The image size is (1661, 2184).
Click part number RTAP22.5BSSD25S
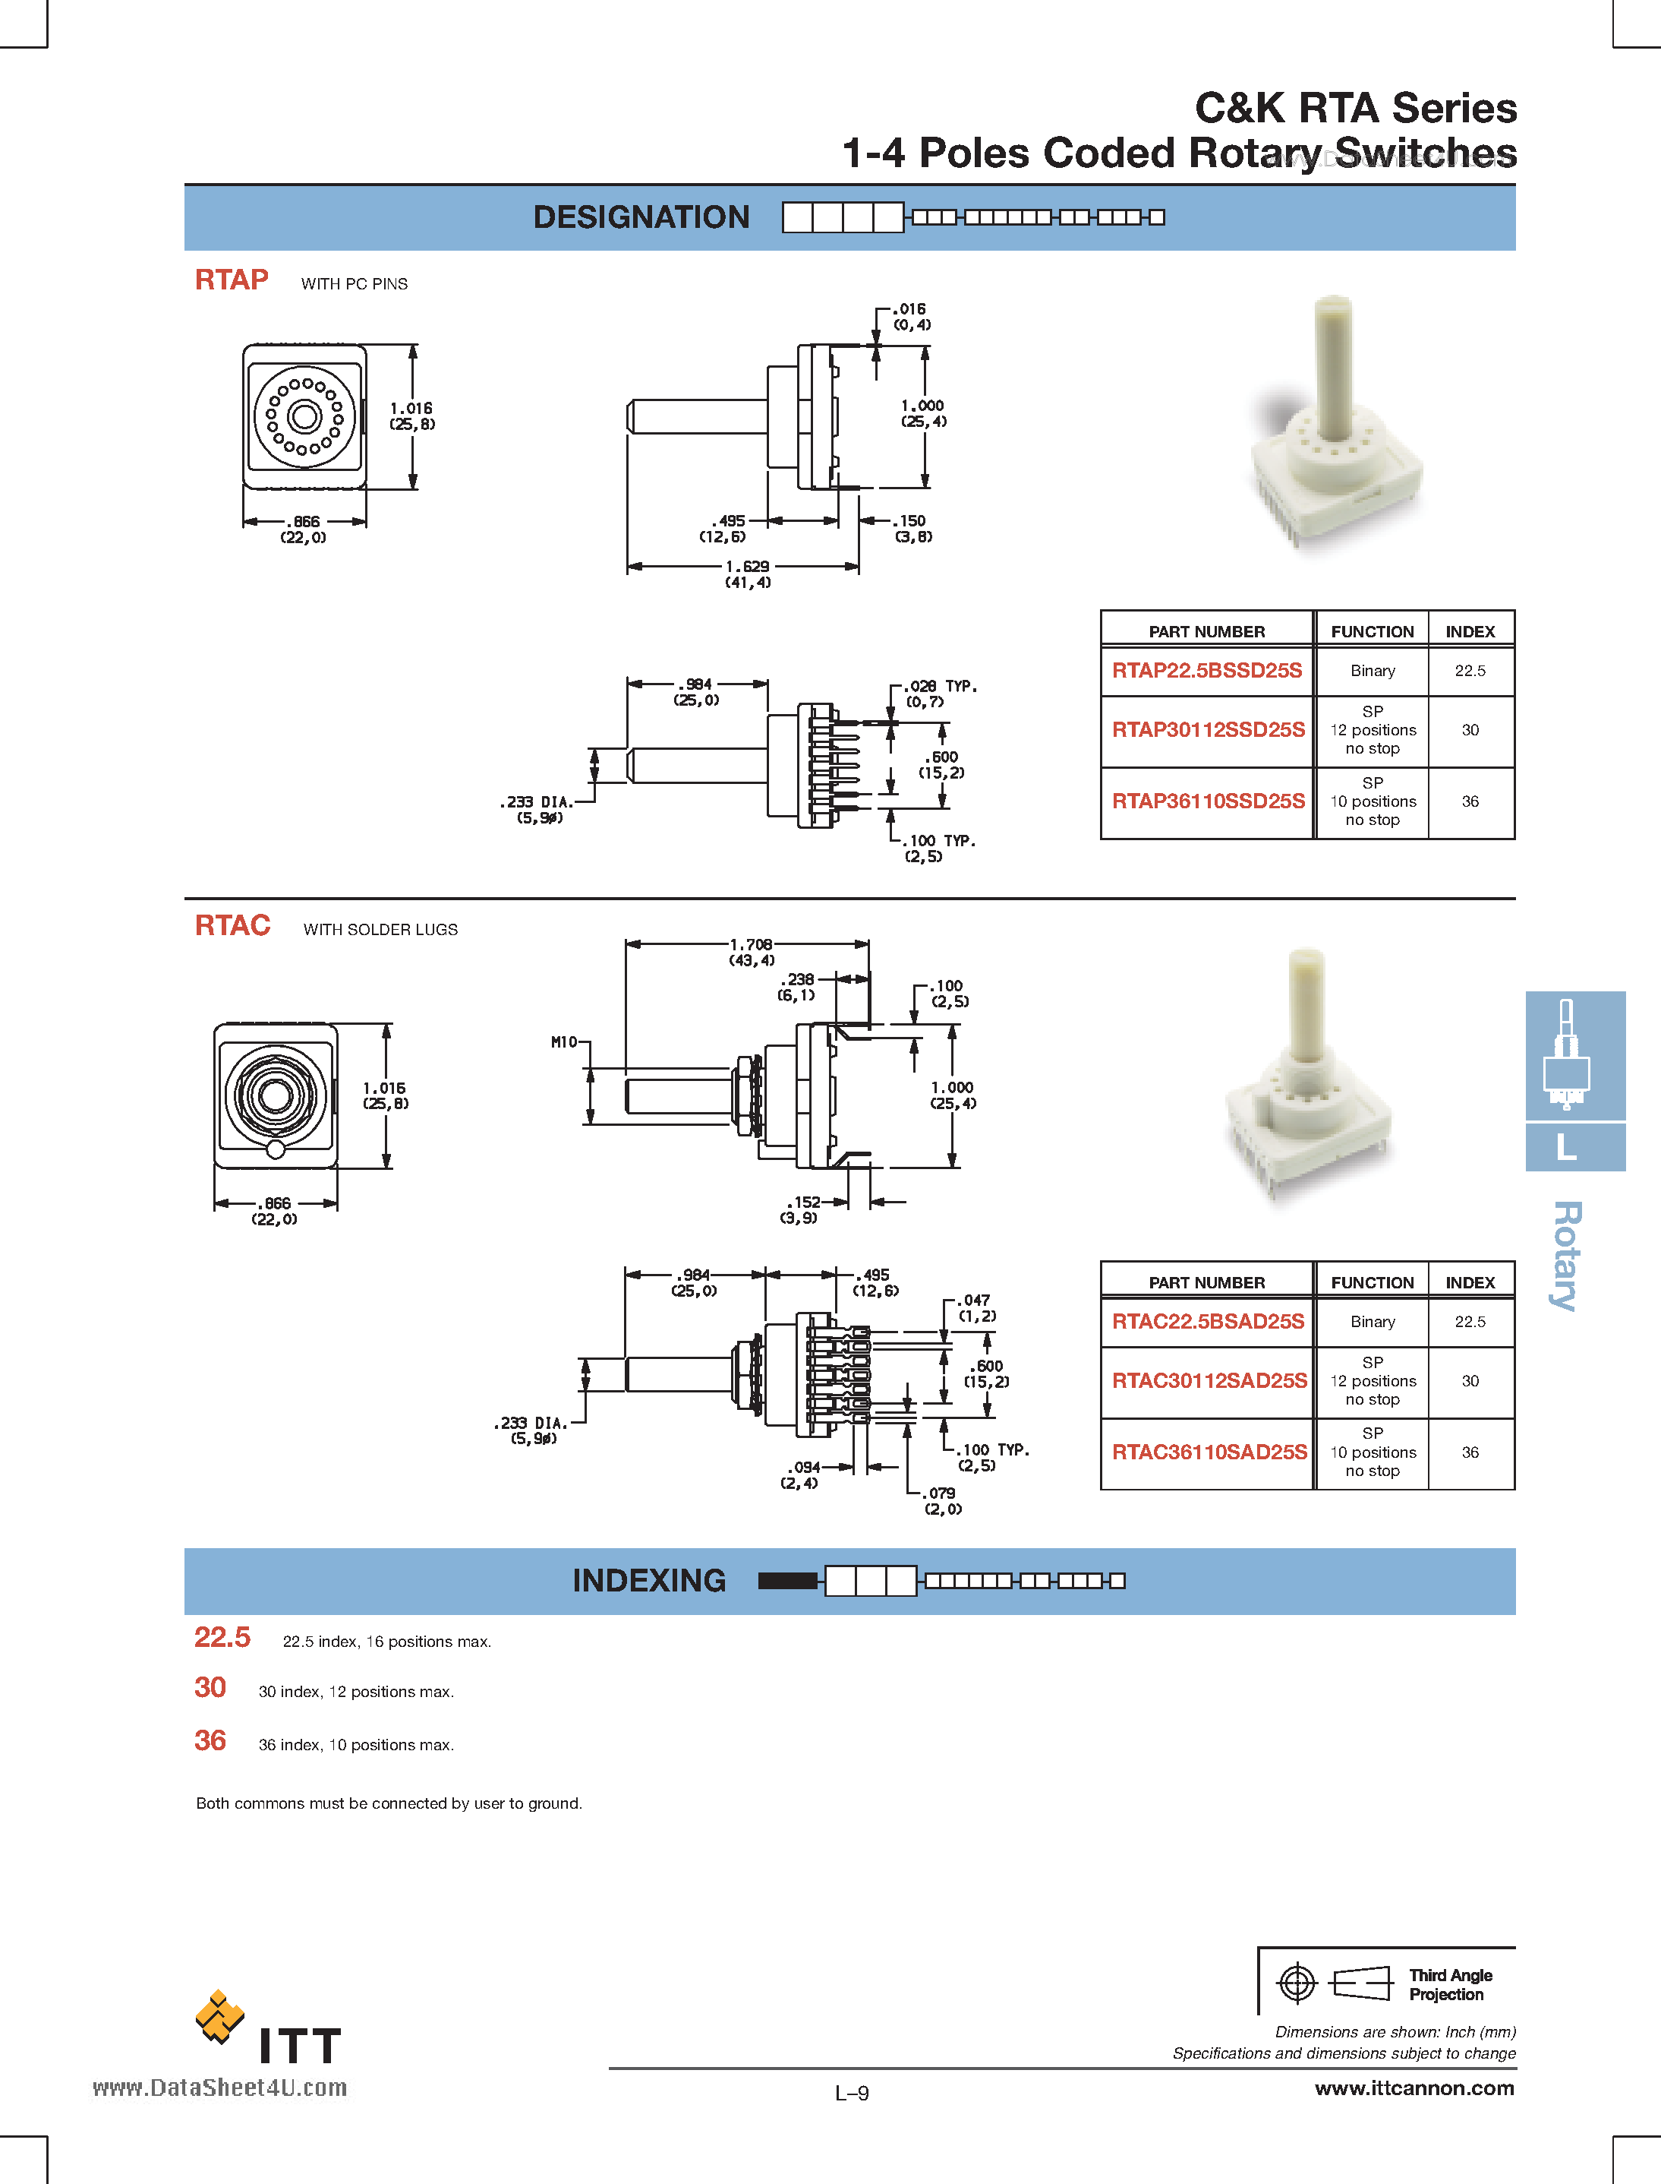click(x=1206, y=671)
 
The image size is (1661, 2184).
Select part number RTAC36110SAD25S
click(x=1209, y=1452)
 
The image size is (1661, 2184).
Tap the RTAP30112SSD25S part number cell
click(x=1207, y=730)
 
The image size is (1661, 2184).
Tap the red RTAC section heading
click(x=232, y=926)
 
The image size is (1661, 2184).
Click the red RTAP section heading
click(x=232, y=280)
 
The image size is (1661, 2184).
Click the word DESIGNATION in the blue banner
click(x=641, y=217)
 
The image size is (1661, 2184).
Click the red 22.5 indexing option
click(x=222, y=1638)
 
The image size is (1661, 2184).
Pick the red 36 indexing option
click(x=210, y=1741)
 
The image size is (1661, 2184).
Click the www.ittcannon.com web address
click(x=1414, y=2088)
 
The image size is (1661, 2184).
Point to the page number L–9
click(x=851, y=2093)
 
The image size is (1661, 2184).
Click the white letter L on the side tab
click(x=1566, y=1147)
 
